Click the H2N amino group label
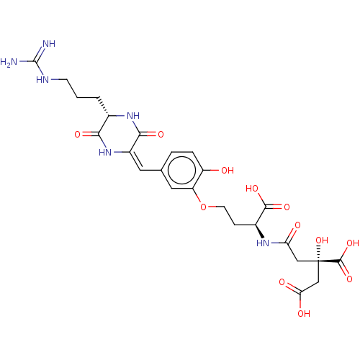click(9, 62)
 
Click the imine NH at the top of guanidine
click(49, 44)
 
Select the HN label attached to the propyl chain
click(42, 80)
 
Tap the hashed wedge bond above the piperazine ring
click(103, 107)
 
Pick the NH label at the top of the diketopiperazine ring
click(133, 116)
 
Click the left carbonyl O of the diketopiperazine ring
click(77, 134)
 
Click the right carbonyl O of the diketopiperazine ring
click(161, 134)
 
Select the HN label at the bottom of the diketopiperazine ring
click(105, 152)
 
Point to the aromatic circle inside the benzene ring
click(181, 170)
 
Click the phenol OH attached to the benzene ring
click(228, 171)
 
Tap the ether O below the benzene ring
click(203, 207)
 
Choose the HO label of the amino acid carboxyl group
click(252, 189)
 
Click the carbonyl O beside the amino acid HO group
click(287, 207)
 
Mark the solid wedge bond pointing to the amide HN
click(260, 231)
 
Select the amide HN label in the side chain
click(263, 243)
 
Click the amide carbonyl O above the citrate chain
click(297, 225)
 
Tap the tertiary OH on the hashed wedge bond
click(322, 240)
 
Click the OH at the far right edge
click(353, 243)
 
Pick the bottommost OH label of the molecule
click(304, 313)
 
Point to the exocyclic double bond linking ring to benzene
click(135, 161)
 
